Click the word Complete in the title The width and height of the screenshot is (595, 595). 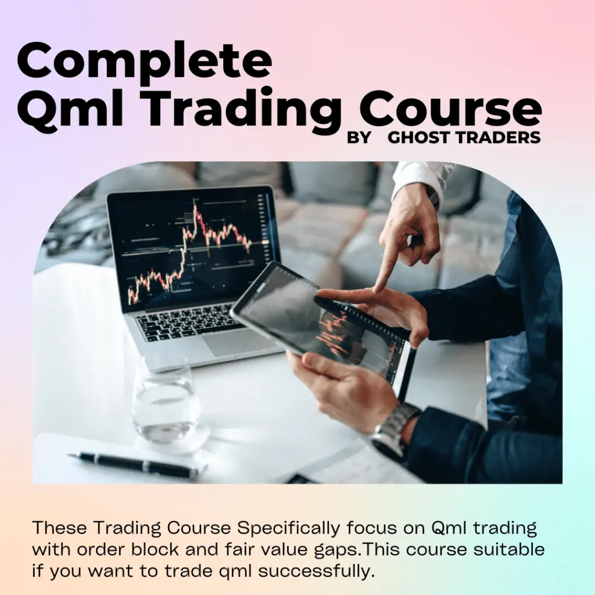[144, 61]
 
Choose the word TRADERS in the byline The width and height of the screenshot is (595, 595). [498, 138]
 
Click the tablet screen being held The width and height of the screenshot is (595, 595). [325, 325]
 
